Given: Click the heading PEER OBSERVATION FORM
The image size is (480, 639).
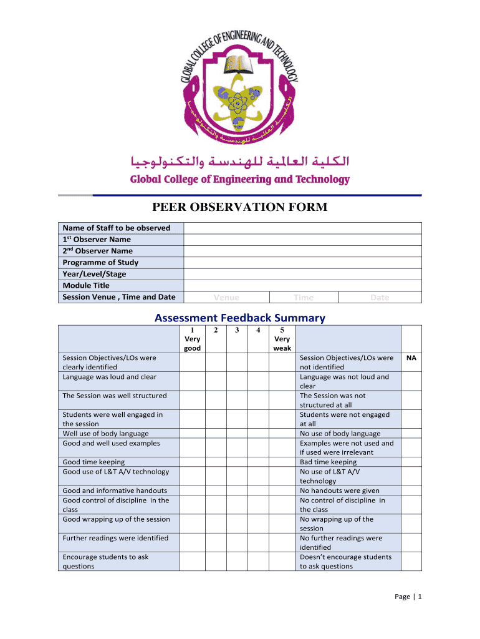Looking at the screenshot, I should pos(240,207).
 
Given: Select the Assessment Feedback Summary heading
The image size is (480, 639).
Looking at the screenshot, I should pos(240,318).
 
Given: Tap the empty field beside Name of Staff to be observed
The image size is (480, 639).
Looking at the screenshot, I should pos(302,228).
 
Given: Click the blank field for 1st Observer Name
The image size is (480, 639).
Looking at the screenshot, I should pos(302,240).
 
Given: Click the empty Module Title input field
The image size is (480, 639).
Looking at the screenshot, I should pos(302,286).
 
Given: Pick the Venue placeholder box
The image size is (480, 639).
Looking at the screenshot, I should pos(226,298).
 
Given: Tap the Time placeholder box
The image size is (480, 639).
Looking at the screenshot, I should pos(304,298).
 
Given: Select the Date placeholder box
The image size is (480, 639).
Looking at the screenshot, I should pos(380,298).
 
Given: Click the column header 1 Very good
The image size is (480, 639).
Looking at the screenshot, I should pos(193,339).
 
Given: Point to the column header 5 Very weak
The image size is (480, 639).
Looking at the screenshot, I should pos(282,339).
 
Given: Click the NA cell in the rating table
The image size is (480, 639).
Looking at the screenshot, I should pos(411,358).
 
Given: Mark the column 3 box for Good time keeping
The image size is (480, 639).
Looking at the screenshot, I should pos(238,462).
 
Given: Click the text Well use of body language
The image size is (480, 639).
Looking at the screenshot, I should pos(105,434).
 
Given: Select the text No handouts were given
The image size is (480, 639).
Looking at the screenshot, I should pos(339,491).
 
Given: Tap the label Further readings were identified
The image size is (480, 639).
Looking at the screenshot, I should pos(115,538).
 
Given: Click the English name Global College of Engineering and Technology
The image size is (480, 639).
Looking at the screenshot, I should pos(240,180).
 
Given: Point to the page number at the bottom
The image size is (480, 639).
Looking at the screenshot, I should pos(409,597).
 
